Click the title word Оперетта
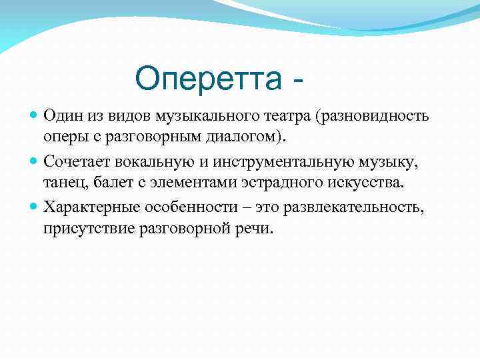pyautogui.click(x=209, y=80)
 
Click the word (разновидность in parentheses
pyautogui.click(x=375, y=116)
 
